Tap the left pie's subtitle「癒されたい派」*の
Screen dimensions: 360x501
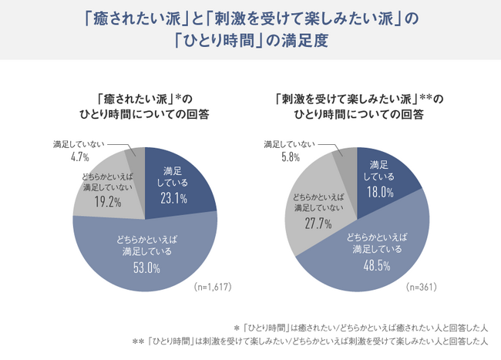(146, 99)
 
